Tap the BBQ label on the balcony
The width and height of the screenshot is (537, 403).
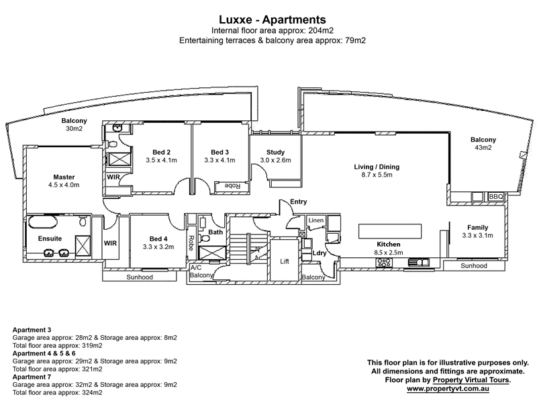coord(495,196)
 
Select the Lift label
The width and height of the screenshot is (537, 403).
coord(284,261)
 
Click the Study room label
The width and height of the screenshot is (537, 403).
coord(275,152)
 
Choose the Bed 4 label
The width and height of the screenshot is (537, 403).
coord(158,238)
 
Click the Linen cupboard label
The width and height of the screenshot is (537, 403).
coord(315,220)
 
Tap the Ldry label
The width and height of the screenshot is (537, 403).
coord(319,253)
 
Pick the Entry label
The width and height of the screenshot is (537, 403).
coord(299,201)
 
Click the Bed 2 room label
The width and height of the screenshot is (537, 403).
coord(161,152)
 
